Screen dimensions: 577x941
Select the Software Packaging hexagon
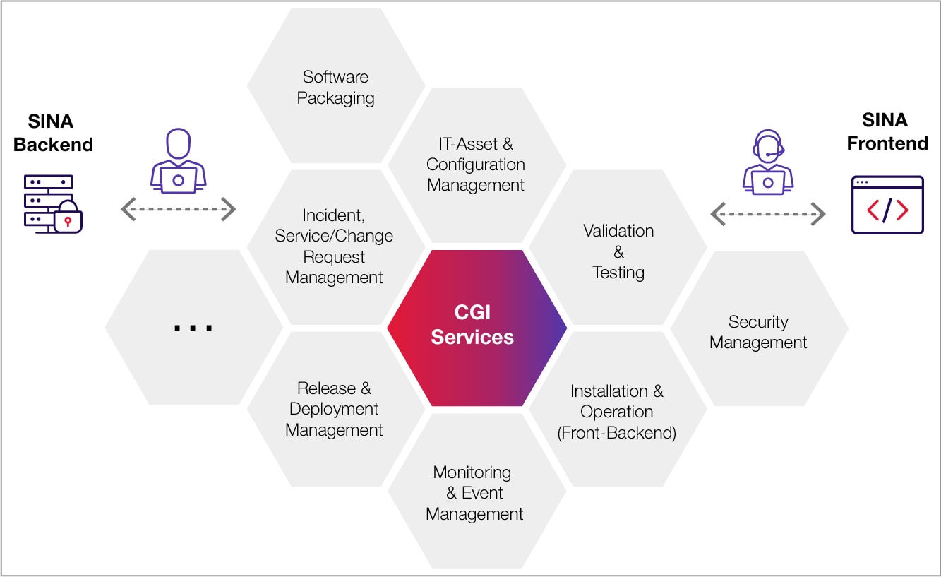[x=335, y=87]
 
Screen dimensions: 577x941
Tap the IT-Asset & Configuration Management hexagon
[x=477, y=165]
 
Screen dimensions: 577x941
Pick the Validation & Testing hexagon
[x=618, y=251]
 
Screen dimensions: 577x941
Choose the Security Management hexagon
[x=759, y=332]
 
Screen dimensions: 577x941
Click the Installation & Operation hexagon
[x=618, y=411]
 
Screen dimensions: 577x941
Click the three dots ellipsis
[x=193, y=328]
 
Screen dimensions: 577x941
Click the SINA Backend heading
[x=53, y=133]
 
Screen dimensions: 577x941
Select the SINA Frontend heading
[x=887, y=131]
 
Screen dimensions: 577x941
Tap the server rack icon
[x=48, y=201]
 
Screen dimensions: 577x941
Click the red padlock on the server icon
[x=68, y=219]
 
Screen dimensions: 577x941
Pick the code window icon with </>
[x=887, y=205]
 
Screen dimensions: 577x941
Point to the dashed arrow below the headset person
[x=767, y=213]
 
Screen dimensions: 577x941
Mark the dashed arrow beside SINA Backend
[x=179, y=209]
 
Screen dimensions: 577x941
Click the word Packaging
[x=335, y=97]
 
